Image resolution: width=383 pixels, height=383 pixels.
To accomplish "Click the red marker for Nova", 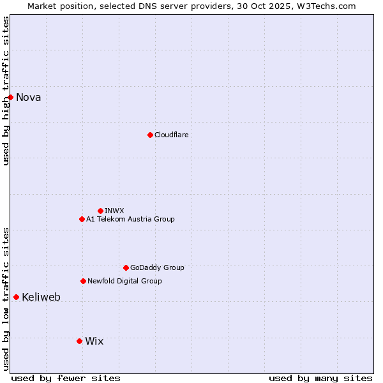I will [11, 97].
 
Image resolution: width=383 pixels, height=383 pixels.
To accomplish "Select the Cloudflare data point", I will [150, 135].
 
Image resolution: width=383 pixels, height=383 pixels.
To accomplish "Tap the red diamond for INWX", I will [100, 211].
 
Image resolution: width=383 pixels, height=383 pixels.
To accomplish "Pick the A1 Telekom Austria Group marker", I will [82, 219].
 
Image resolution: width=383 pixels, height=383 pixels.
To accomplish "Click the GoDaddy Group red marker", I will [126, 267].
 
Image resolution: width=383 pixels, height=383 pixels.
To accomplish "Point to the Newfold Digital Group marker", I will [83, 281].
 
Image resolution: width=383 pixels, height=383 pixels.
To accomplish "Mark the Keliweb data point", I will [16, 297].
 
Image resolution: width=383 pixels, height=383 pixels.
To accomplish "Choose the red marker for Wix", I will [79, 341].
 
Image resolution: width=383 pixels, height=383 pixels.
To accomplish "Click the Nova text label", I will [28, 98].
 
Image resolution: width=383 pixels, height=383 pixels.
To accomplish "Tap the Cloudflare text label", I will [171, 135].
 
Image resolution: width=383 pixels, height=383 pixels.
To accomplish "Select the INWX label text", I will [114, 211].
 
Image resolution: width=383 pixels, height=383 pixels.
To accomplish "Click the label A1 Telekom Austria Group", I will [130, 219].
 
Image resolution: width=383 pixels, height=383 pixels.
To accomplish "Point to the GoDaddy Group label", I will [157, 267].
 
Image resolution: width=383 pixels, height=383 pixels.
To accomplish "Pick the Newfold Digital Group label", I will [124, 281].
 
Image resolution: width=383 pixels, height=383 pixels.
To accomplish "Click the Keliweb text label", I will [41, 297].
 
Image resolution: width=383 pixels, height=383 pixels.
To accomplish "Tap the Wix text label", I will [94, 342].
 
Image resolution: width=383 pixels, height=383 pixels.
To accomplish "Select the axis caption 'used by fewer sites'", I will [66, 378].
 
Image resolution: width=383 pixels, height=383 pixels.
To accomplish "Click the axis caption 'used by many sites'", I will [320, 378].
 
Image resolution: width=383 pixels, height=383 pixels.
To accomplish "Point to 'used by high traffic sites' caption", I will [6, 91].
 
